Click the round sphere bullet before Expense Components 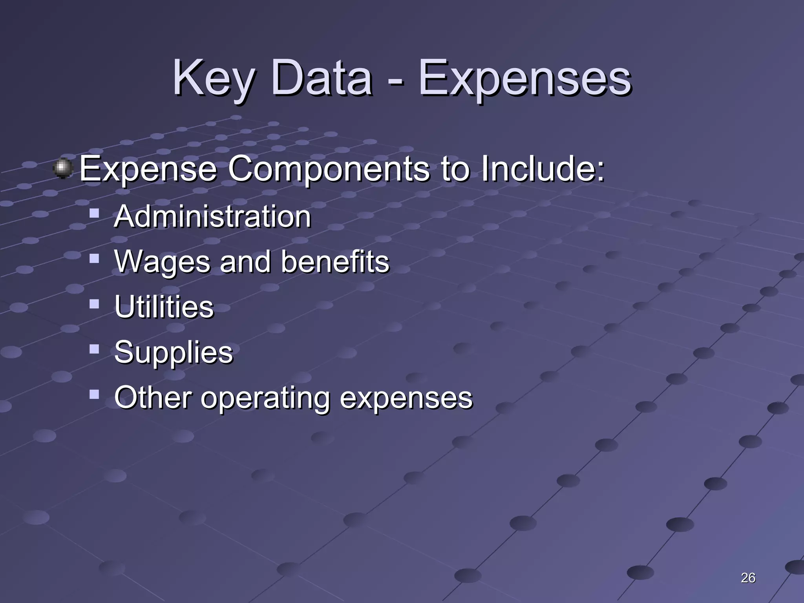pyautogui.click(x=63, y=169)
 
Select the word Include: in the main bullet pyautogui.click(x=543, y=169)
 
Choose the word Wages pyautogui.click(x=162, y=262)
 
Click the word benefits pyautogui.click(x=335, y=261)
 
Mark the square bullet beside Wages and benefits pyautogui.click(x=94, y=258)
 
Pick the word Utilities pyautogui.click(x=164, y=306)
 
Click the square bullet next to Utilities pyautogui.click(x=94, y=303)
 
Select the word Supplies pyautogui.click(x=174, y=352)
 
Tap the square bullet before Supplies pyautogui.click(x=94, y=349)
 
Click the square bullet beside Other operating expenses pyautogui.click(x=94, y=394)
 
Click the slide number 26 pyautogui.click(x=748, y=578)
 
